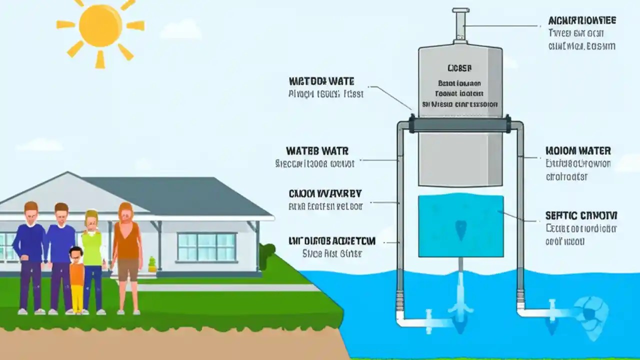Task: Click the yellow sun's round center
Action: (100, 26)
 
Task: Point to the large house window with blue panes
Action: (206, 246)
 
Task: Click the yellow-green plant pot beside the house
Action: (152, 265)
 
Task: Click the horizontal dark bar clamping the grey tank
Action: (460, 124)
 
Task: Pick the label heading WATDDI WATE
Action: (321, 81)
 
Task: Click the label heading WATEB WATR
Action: (317, 150)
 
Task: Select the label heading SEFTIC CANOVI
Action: (581, 215)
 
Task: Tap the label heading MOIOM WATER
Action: (578, 150)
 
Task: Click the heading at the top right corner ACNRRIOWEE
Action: (581, 21)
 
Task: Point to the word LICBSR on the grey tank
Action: (460, 67)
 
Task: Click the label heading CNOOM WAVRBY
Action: (325, 193)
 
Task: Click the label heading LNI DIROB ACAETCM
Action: (331, 241)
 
